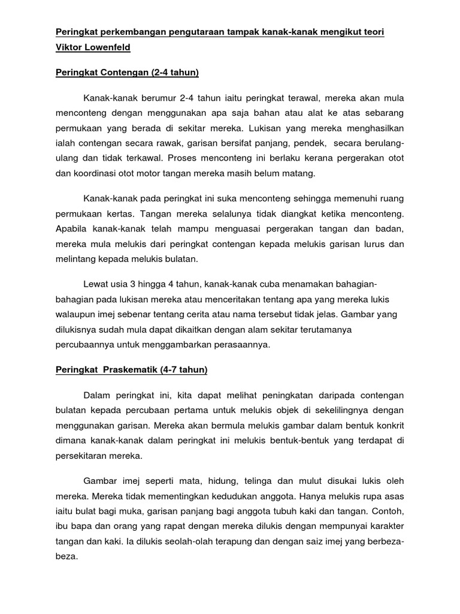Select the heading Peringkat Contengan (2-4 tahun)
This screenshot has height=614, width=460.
coord(127,73)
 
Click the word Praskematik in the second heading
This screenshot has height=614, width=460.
coord(128,370)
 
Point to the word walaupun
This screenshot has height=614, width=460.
coord(76,314)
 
